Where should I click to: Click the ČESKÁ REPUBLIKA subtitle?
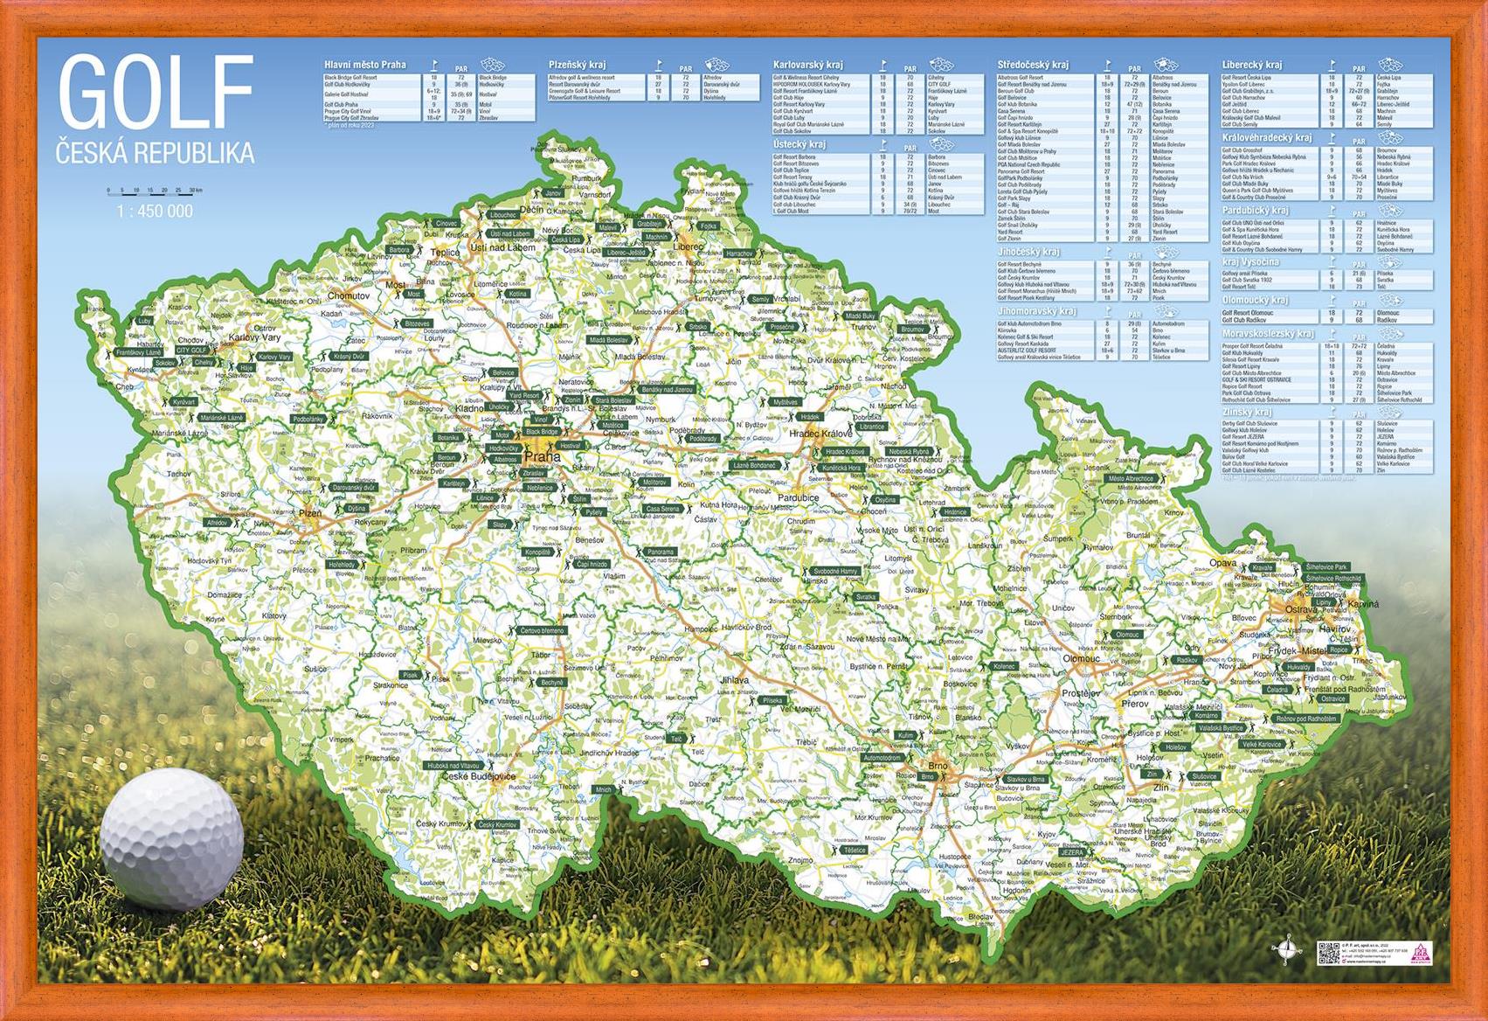pyautogui.click(x=156, y=154)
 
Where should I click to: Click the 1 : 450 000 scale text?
pyautogui.click(x=155, y=212)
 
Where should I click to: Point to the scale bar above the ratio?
pyautogui.click(x=155, y=191)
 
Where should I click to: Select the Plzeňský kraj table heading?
pyautogui.click(x=578, y=65)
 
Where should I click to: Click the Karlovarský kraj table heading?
pyautogui.click(x=807, y=65)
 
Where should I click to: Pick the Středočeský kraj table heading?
pyautogui.click(x=1033, y=65)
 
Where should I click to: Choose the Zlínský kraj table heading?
pyautogui.click(x=1247, y=412)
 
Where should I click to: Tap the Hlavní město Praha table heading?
pyautogui.click(x=365, y=65)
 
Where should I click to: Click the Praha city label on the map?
pyautogui.click(x=541, y=455)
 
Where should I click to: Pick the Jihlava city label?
pyautogui.click(x=735, y=679)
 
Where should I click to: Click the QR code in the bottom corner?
pyautogui.click(x=1328, y=953)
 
